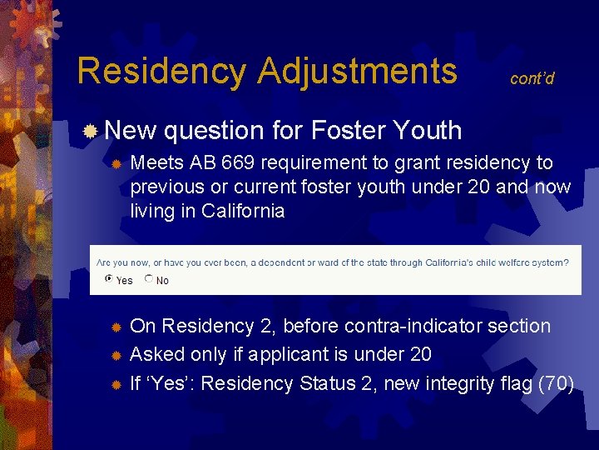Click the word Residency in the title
pyautogui.click(x=161, y=71)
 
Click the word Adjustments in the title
pyautogui.click(x=357, y=71)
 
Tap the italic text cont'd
pyautogui.click(x=532, y=78)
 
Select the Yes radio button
pyautogui.click(x=108, y=280)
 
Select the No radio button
pyautogui.click(x=149, y=280)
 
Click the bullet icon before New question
pyautogui.click(x=92, y=130)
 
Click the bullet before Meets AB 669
pyautogui.click(x=117, y=163)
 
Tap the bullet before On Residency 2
pyautogui.click(x=117, y=327)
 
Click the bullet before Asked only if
pyautogui.click(x=117, y=356)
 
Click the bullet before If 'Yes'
pyautogui.click(x=117, y=385)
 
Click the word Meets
pyautogui.click(x=157, y=162)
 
